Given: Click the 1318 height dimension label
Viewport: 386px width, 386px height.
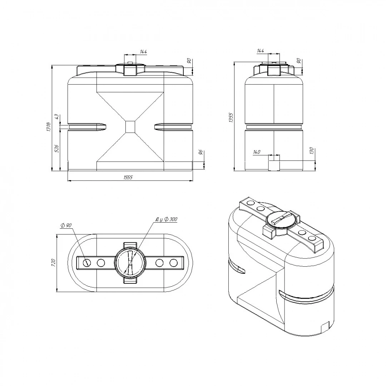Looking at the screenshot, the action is point(49,127).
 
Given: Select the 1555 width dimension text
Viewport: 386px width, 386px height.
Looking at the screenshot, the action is point(128,178).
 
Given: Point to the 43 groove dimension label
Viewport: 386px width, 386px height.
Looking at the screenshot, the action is point(56,117).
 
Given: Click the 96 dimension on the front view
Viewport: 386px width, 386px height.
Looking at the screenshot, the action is point(201,152).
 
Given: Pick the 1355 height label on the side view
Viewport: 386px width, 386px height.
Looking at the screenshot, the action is point(231,118).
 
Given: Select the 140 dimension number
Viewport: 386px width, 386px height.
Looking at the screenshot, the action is point(257,152).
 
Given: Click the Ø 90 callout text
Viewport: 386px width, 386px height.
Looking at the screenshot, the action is point(66,225).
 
